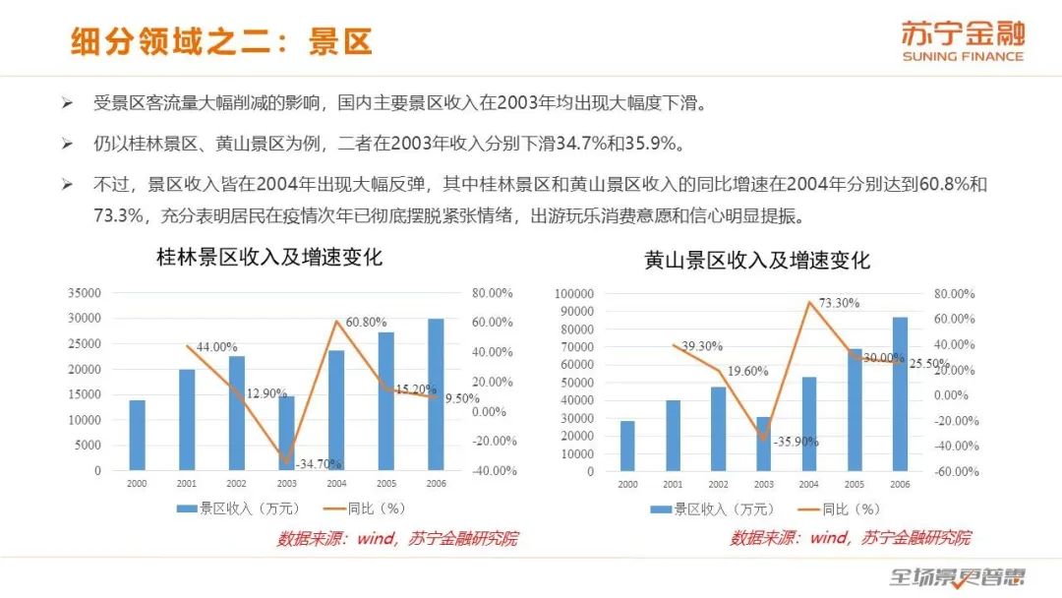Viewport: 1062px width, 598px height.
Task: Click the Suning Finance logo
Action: [x=962, y=41]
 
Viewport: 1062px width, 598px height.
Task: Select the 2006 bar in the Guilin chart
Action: [x=435, y=394]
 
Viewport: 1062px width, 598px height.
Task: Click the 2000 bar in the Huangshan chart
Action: [x=627, y=446]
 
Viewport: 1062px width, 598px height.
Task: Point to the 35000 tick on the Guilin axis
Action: [x=84, y=293]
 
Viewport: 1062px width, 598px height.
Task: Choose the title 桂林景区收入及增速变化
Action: [x=269, y=259]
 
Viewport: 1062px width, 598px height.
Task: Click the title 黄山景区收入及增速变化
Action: [x=757, y=261]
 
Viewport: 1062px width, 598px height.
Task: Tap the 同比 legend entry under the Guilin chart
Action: [x=364, y=508]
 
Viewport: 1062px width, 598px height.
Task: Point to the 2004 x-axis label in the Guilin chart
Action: [x=336, y=484]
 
